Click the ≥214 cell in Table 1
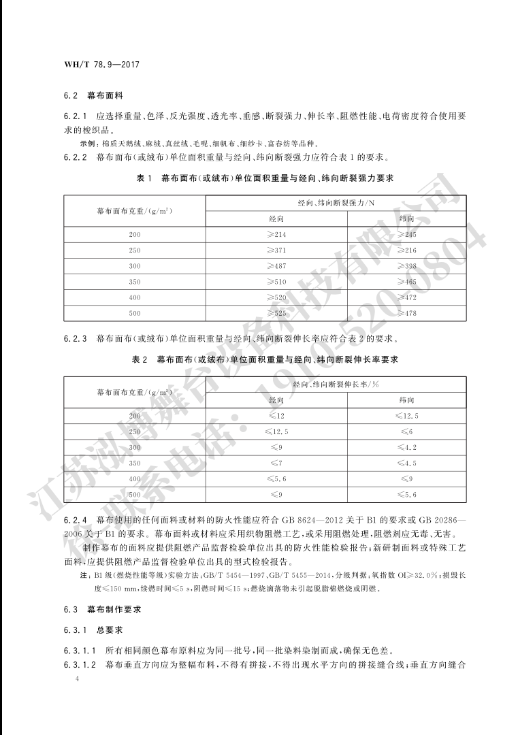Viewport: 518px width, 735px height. tap(276, 235)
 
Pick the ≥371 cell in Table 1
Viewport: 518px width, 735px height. tap(276, 250)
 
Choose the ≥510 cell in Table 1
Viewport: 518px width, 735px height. tap(276, 282)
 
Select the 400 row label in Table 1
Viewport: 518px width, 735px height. tap(133, 297)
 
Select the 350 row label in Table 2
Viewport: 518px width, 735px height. tap(133, 463)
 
